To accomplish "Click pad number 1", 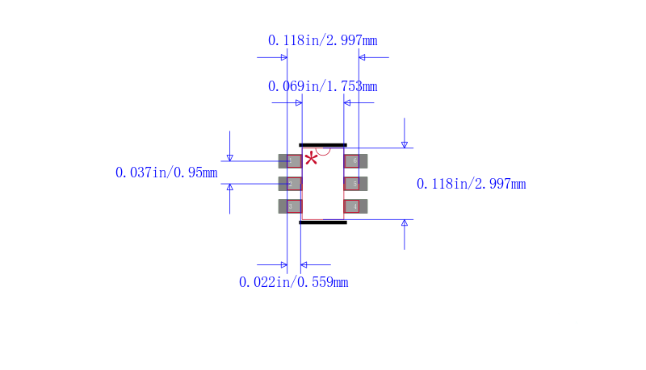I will [x=290, y=161].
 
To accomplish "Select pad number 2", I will [x=290, y=184].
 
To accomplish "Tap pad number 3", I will [x=290, y=206].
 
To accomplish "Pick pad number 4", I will [x=355, y=206].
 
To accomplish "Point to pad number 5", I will [x=355, y=184].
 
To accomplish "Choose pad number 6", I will [x=355, y=161].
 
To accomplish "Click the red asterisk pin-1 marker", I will [x=311, y=158].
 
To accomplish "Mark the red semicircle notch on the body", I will [x=323, y=151].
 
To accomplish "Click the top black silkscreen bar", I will [x=323, y=145].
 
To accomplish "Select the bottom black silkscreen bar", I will [x=323, y=222].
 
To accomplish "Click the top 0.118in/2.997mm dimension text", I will [x=322, y=40].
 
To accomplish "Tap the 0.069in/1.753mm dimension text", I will [x=322, y=86].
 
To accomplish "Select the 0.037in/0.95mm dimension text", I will [x=166, y=173].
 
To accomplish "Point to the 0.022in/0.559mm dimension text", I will [x=293, y=282].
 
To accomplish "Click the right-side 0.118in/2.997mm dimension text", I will [x=471, y=185].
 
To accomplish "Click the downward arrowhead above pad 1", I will [x=230, y=157].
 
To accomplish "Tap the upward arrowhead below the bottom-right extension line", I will [x=405, y=223].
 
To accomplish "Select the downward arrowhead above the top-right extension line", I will [x=405, y=143].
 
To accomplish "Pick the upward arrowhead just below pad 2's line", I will [x=230, y=188].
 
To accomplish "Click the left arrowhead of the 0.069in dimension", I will [x=298, y=102].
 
